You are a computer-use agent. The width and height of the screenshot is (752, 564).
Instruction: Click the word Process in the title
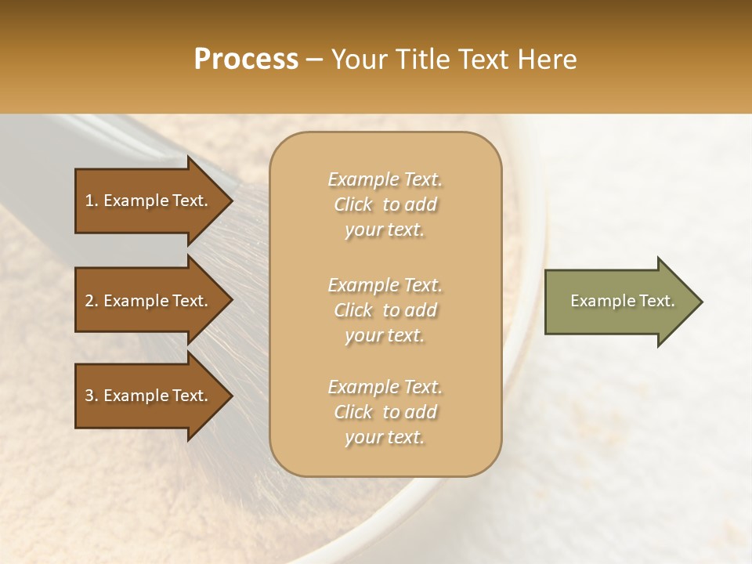coord(246,60)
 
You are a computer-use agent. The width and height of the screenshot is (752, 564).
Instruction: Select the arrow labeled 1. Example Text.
coord(149,201)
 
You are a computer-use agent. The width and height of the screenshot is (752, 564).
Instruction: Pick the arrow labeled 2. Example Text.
coord(149,301)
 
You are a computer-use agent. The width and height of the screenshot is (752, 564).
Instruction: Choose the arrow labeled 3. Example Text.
coord(149,396)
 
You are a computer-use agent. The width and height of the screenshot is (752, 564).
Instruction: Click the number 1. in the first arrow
coord(92,201)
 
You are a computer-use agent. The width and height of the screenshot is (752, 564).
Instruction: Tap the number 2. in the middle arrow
coord(92,302)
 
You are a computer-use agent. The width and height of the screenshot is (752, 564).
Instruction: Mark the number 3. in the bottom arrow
coord(92,396)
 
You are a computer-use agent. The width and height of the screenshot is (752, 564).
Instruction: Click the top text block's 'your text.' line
coord(385,230)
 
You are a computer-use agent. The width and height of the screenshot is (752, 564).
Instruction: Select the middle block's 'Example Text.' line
coord(385,284)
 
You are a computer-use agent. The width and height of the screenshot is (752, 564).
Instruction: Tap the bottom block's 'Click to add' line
coord(385,413)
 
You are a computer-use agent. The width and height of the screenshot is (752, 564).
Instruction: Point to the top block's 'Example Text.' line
coord(385,179)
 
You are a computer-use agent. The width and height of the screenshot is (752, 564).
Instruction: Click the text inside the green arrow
coord(622,301)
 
